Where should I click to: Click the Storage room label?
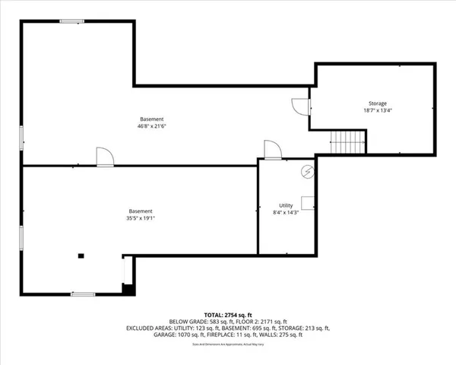pyautogui.click(x=378, y=103)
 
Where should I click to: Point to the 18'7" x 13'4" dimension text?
pyautogui.click(x=378, y=110)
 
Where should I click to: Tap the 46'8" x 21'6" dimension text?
pyautogui.click(x=151, y=125)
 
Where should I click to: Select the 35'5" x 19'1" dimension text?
pyautogui.click(x=140, y=218)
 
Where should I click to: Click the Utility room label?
pyautogui.click(x=286, y=205)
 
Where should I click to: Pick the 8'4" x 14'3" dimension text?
pyautogui.click(x=286, y=212)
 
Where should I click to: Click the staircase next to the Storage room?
pyautogui.click(x=347, y=142)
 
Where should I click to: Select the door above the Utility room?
pyautogui.click(x=272, y=150)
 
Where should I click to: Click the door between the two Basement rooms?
pyautogui.click(x=105, y=157)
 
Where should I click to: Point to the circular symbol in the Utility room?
pyautogui.click(x=307, y=171)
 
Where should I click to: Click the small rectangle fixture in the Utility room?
pyautogui.click(x=309, y=202)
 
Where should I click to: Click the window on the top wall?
pyautogui.click(x=72, y=21)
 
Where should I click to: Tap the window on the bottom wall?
pyautogui.click(x=82, y=294)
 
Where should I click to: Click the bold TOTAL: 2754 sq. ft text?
pyautogui.click(x=228, y=314)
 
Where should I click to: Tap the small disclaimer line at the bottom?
pyautogui.click(x=228, y=344)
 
